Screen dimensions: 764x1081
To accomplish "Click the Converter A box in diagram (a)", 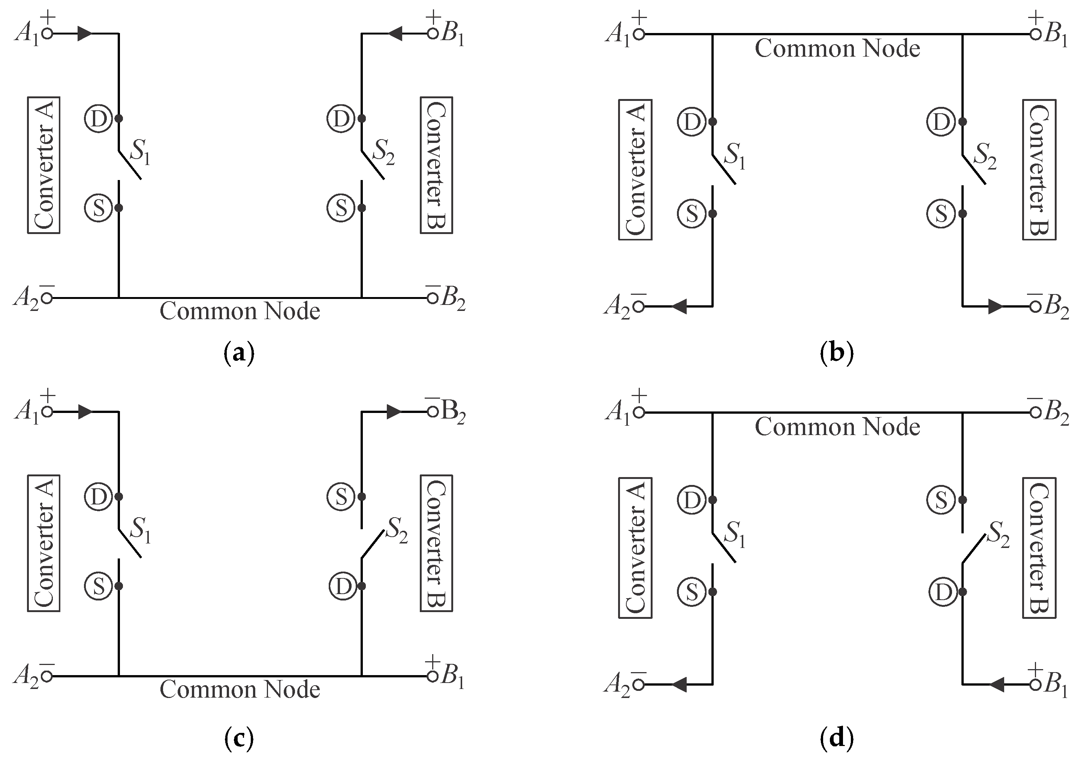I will pos(43,165).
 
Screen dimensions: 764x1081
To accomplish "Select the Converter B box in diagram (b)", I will pos(1039,170).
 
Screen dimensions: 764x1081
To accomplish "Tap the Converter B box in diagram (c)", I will pos(436,543).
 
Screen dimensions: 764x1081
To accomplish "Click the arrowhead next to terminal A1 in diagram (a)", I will pos(85,33).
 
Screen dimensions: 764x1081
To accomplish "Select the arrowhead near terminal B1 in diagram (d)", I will pos(997,685).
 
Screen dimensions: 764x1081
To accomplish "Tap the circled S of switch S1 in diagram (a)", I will pos(99,208).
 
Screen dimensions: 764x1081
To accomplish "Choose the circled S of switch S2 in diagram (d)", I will pos(941,500).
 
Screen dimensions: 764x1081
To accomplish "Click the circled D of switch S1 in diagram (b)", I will pos(692,122).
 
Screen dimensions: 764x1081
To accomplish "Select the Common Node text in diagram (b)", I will pos(837,48).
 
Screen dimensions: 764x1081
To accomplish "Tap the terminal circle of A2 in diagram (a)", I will pos(47,298).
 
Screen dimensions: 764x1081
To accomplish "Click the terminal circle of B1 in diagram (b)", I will pos(1035,34).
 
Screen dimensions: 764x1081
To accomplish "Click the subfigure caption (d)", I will pos(836,738).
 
